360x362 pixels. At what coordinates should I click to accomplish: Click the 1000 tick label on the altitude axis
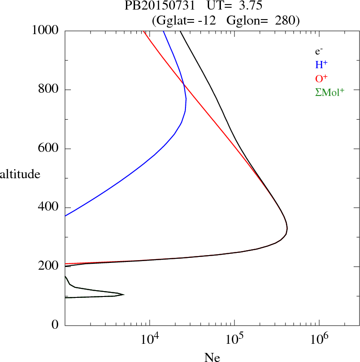[x=45, y=31]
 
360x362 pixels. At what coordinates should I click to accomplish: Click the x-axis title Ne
[x=212, y=357]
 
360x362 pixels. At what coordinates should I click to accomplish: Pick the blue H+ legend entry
[x=321, y=65]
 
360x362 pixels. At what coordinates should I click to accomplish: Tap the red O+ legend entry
[x=322, y=79]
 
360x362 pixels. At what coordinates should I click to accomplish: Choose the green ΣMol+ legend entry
[x=330, y=92]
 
